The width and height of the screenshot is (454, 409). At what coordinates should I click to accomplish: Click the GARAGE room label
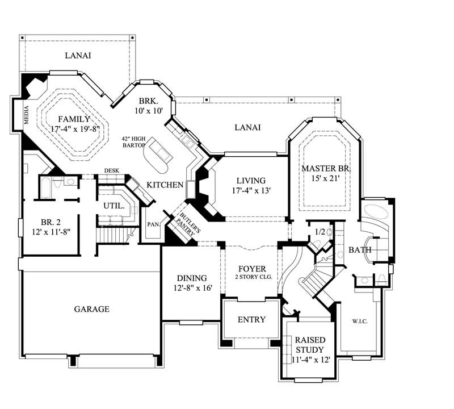91,309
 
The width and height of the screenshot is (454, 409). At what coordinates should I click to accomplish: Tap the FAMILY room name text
73,119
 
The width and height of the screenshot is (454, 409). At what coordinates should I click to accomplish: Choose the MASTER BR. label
326,169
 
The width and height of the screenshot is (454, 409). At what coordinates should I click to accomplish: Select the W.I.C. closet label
359,322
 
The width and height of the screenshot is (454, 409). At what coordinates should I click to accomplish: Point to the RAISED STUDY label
309,345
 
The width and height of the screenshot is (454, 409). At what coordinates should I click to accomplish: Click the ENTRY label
251,320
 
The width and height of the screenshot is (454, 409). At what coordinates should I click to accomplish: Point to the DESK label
111,170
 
